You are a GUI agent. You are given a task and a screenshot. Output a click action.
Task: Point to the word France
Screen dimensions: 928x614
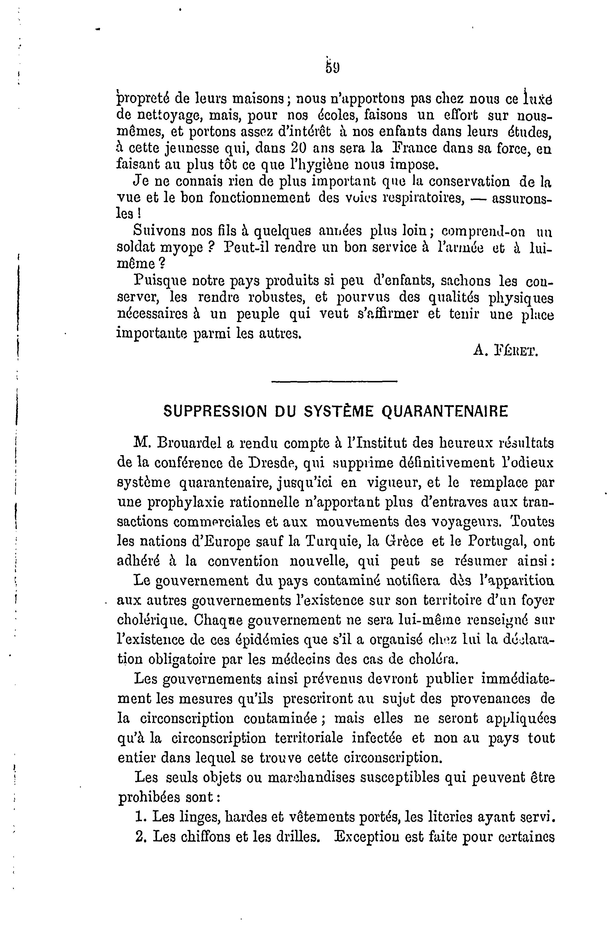point(415,149)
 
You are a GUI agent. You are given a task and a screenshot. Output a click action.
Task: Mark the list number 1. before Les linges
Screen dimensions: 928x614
point(139,817)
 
